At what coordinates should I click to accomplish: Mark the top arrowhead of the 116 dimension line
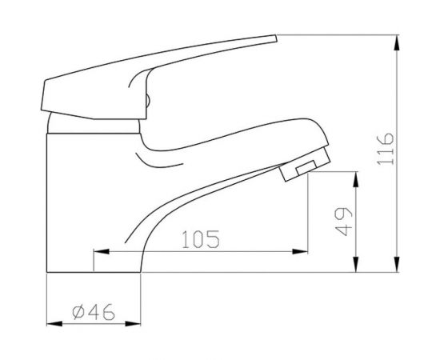click(398, 41)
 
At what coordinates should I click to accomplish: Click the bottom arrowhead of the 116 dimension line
click(398, 267)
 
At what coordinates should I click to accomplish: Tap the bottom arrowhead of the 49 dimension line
click(355, 267)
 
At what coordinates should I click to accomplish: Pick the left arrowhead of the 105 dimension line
click(100, 252)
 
